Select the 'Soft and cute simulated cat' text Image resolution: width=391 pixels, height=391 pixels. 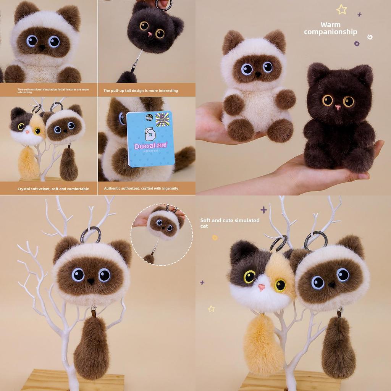tap(229, 223)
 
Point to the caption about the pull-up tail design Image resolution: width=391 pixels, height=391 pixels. tap(141, 91)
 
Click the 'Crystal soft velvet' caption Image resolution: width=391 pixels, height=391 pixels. tap(53, 189)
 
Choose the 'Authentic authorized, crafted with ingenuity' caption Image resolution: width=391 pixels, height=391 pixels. tap(141, 189)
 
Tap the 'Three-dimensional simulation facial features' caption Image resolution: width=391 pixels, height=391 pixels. tap(53, 90)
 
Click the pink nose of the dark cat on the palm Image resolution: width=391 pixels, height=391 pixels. tap(338, 108)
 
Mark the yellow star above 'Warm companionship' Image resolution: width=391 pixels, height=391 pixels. tap(341, 10)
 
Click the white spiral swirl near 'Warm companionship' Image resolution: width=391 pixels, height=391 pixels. tap(370, 37)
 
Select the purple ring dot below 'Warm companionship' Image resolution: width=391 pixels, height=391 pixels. tap(357, 44)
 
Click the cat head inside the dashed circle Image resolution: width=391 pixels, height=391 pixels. tap(163, 225)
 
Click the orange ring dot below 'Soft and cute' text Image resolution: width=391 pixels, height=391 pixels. tap(215, 238)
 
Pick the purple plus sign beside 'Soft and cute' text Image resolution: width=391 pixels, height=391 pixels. tap(263, 210)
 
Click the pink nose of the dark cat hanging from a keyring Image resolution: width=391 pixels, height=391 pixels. tap(150, 34)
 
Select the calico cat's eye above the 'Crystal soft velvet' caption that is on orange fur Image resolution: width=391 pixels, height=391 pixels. tap(37, 131)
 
